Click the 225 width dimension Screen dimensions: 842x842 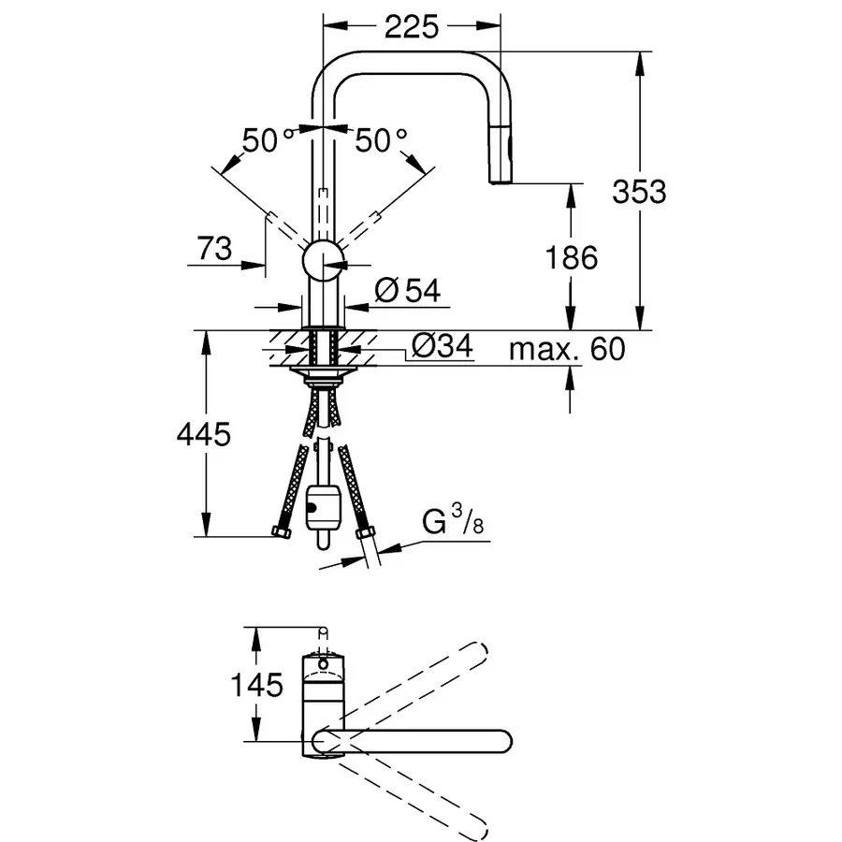tap(412, 27)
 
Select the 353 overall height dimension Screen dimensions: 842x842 tap(640, 192)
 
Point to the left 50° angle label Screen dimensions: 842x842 tap(268, 141)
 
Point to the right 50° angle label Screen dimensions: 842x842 tap(381, 141)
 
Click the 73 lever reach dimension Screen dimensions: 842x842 tap(214, 249)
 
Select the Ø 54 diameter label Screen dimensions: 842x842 tap(406, 291)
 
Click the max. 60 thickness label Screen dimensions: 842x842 tap(566, 350)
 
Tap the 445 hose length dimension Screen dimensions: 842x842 tap(203, 434)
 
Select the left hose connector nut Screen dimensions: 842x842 tap(281, 534)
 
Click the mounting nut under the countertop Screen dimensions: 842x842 tap(323, 374)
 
